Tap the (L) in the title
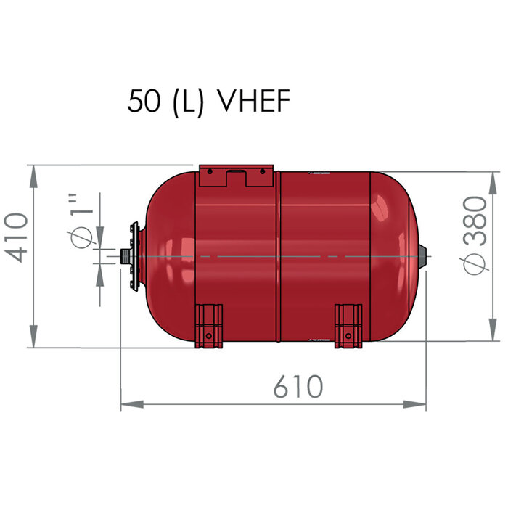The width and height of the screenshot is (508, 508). (x=190, y=102)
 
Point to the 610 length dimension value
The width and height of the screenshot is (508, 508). (x=298, y=387)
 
